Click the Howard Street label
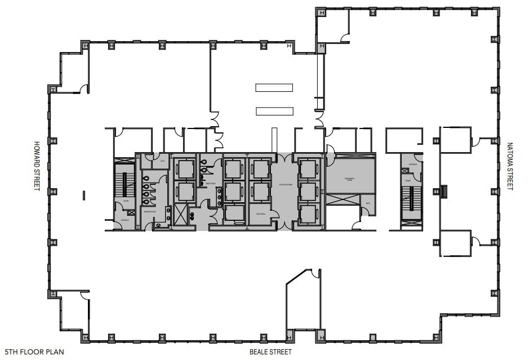coord(37,166)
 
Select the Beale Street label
coord(271,352)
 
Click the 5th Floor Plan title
coord(34,352)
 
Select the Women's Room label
coord(149,212)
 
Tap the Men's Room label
coord(211,184)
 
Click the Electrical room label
coord(260,214)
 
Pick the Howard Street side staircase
coord(125,183)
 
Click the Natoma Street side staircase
coord(411,198)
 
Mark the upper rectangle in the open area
coord(274,87)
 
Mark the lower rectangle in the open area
coord(274,111)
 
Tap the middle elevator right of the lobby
coord(308,191)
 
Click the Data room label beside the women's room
coord(162,161)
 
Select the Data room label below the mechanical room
coord(368,203)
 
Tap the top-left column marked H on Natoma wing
coord(321,12)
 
